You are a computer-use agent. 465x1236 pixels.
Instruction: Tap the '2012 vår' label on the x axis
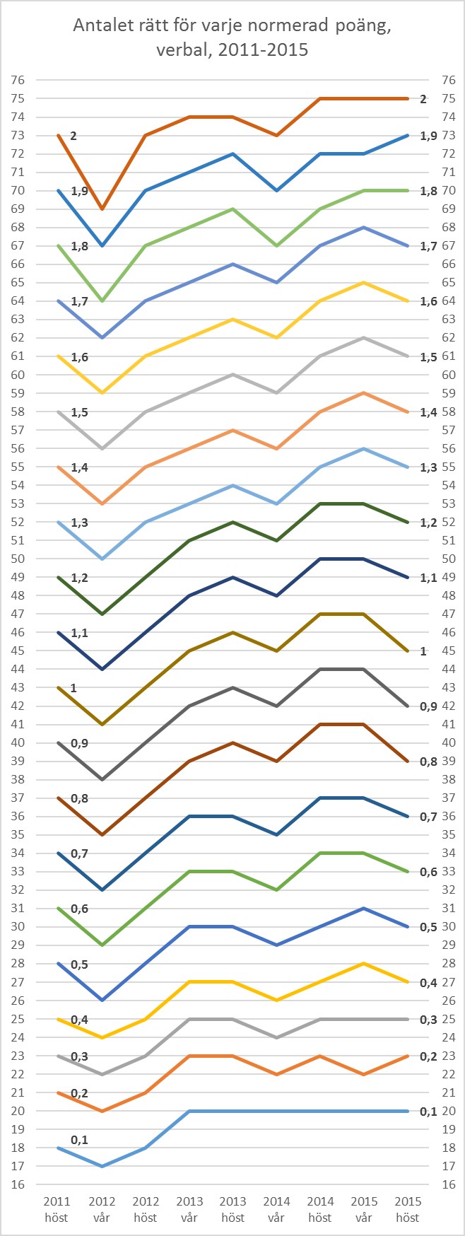pos(102,1208)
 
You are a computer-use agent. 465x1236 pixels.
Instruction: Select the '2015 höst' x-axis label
pos(408,1208)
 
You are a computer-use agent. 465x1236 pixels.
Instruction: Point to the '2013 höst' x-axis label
pos(232,1208)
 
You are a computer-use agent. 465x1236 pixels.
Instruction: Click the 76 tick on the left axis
pos(18,80)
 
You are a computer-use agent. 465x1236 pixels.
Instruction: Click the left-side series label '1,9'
pos(80,191)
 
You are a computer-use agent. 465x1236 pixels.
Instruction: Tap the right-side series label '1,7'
pos(428,245)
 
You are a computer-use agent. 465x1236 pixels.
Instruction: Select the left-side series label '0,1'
pos(80,1140)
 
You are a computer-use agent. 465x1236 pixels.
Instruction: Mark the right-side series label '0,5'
pos(428,927)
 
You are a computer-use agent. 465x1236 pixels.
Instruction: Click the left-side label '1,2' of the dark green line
pos(80,578)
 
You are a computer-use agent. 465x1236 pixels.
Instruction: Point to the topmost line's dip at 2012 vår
pos(102,209)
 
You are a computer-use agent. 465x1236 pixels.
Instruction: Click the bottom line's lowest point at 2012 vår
pos(102,1166)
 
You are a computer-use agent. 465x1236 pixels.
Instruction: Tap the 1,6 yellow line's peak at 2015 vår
pos(364,282)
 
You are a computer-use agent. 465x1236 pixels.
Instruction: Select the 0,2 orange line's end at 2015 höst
pos(408,1056)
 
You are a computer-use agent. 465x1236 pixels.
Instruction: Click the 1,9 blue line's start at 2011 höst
pos(58,190)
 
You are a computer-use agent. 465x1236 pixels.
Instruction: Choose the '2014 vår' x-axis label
pos(276,1208)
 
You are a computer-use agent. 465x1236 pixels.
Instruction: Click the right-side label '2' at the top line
pos(423,99)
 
